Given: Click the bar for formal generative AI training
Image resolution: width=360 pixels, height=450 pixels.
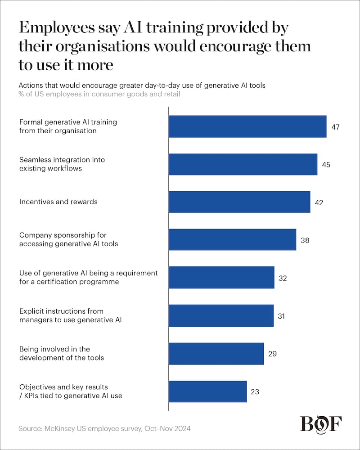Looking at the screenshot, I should pyautogui.click(x=247, y=126).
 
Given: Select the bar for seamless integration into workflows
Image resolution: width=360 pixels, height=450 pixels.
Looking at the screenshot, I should pyautogui.click(x=243, y=164).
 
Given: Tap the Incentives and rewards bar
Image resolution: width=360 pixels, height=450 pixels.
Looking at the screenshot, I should pyautogui.click(x=239, y=202).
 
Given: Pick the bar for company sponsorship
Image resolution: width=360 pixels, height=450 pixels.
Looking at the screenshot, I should pyautogui.click(x=232, y=240).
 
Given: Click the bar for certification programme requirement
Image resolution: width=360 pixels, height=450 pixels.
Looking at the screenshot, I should pyautogui.click(x=221, y=278).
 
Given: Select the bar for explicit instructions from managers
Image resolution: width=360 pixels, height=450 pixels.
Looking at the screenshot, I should pyautogui.click(x=221, y=315).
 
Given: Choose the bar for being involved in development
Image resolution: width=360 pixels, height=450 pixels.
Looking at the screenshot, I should pyautogui.click(x=216, y=353).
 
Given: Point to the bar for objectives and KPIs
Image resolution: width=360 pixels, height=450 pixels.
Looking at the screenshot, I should pyautogui.click(x=207, y=391).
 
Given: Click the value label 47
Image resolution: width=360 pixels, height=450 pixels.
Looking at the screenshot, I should pyautogui.click(x=335, y=127).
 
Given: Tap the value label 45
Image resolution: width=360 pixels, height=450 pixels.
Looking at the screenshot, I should pyautogui.click(x=326, y=165).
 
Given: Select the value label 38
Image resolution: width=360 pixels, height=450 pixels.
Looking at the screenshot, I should pyautogui.click(x=305, y=240).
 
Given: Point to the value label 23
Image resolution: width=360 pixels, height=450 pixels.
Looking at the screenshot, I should pyautogui.click(x=255, y=391).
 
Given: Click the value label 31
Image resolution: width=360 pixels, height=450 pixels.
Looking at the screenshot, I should pyautogui.click(x=282, y=316).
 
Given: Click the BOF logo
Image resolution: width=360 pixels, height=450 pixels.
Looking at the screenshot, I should pyautogui.click(x=320, y=424).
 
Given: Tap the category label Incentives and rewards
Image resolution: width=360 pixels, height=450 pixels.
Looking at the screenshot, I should pyautogui.click(x=58, y=202).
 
